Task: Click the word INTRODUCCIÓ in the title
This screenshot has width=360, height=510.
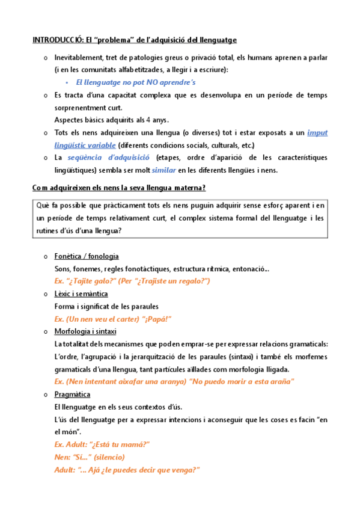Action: (56, 40)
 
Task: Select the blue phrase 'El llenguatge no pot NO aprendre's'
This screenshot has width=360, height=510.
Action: (136, 82)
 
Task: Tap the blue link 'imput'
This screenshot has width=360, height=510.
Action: (317, 133)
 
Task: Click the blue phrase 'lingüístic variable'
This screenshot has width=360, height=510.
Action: (85, 146)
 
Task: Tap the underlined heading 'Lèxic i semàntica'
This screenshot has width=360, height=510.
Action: (81, 293)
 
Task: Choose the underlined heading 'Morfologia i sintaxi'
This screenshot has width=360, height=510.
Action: (85, 331)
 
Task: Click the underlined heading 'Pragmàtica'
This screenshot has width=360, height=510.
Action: (72, 394)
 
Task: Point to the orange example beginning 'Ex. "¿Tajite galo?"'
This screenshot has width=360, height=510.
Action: (132, 281)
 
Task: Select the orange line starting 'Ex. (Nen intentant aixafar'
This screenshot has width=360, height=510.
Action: (174, 381)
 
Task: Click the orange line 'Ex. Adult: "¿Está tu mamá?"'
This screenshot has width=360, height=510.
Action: (102, 444)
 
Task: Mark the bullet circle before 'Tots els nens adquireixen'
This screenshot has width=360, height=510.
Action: (46, 134)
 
